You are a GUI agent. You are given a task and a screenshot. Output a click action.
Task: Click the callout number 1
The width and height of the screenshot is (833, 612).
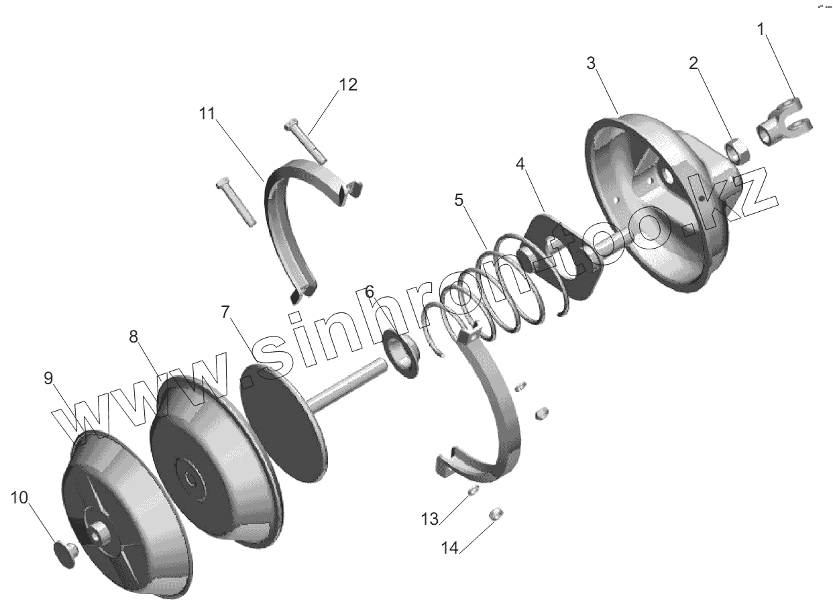(761, 29)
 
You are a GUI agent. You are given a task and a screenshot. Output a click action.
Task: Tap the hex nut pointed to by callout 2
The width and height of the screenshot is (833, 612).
(738, 151)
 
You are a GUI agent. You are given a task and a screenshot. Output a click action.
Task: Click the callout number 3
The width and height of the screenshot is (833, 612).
(590, 64)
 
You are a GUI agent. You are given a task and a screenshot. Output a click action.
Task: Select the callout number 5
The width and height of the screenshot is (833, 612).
(459, 200)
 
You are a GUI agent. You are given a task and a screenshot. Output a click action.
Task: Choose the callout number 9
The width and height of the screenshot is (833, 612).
(48, 379)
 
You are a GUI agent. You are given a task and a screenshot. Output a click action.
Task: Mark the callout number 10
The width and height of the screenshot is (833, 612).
(19, 497)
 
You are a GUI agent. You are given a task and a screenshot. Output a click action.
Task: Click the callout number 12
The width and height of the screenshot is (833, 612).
(348, 85)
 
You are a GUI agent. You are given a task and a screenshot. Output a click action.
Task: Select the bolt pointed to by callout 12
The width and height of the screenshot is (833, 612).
(306, 142)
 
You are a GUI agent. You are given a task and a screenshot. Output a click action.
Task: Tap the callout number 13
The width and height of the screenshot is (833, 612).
(430, 518)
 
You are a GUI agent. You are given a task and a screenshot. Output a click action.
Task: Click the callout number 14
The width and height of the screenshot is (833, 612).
(449, 548)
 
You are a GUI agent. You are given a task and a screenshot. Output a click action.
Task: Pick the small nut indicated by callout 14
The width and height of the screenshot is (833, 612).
(496, 513)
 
